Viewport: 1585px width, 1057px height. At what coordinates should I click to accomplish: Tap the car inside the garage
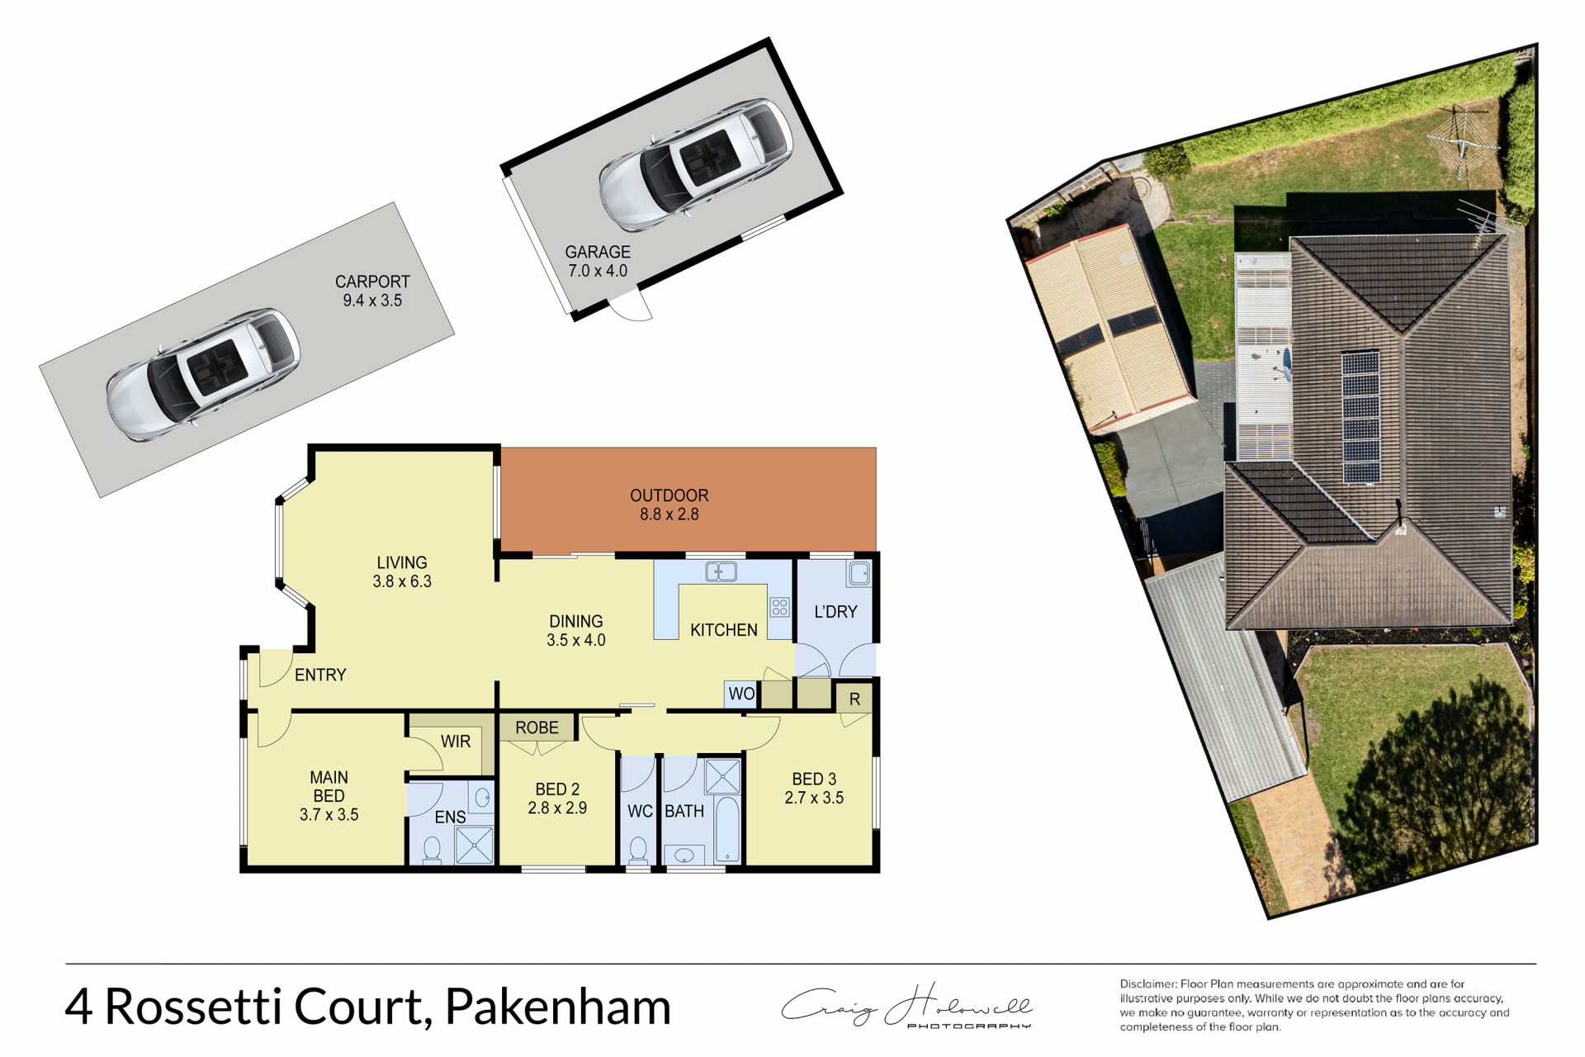point(696,164)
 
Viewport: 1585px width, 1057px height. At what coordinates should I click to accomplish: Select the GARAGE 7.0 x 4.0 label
point(598,261)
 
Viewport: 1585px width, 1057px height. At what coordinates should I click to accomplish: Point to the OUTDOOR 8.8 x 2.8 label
point(669,505)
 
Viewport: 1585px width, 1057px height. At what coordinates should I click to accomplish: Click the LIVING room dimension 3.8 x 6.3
point(402,581)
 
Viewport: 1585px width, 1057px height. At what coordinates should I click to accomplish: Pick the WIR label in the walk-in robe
point(456,742)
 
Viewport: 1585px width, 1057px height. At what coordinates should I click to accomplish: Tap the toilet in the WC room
point(638,848)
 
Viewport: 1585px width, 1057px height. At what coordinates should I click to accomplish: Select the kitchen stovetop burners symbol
point(779,608)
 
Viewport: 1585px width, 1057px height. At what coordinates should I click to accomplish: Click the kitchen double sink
point(721,571)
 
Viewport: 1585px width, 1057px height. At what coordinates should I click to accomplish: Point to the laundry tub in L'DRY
point(859,571)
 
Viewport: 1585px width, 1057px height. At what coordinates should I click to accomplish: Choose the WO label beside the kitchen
point(741,694)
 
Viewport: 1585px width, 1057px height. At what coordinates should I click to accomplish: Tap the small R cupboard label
point(854,699)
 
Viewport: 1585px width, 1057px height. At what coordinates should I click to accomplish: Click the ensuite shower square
point(474,845)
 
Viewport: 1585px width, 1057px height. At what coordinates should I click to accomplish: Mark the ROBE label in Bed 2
point(537,728)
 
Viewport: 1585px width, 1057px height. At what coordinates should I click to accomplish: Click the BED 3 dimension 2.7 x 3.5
point(814,798)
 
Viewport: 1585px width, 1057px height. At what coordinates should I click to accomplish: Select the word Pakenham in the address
point(558,1007)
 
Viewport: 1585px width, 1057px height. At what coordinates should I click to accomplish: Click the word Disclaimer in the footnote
point(1147,984)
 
